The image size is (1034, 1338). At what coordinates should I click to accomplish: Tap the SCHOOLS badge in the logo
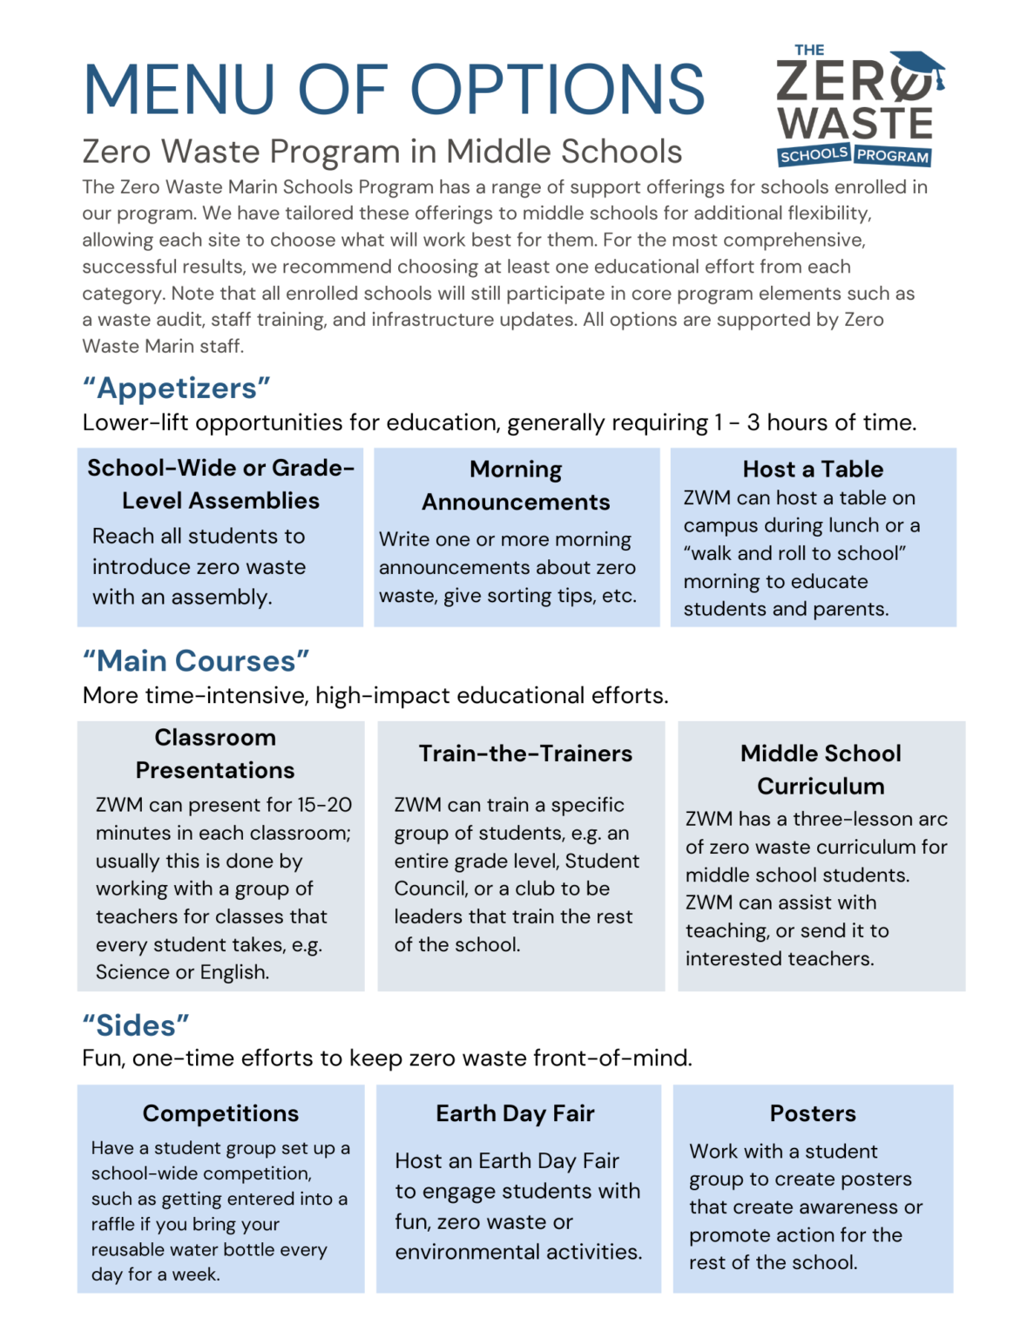coord(814,155)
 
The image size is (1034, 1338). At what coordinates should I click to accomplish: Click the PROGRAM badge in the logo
coord(893,156)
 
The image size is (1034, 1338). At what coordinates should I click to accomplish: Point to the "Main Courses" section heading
coord(196,661)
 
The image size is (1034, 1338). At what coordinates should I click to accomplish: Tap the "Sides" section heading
coord(136,1025)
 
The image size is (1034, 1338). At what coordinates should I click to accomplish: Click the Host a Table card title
coord(813,470)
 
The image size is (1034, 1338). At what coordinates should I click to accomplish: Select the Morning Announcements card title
coord(516,485)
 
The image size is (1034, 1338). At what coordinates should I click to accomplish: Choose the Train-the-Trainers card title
coord(525,753)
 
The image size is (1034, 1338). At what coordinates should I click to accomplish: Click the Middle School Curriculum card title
coord(821,769)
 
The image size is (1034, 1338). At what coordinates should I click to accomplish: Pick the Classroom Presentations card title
coord(215,753)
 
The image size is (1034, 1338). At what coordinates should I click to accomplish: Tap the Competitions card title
coord(220,1113)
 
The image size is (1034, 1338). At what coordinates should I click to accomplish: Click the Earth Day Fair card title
coord(515,1113)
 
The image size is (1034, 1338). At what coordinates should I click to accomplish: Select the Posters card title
coord(813,1113)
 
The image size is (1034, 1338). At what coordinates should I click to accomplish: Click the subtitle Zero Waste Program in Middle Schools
coord(382,152)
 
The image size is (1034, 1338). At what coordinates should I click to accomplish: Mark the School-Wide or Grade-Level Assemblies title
coord(220,484)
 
